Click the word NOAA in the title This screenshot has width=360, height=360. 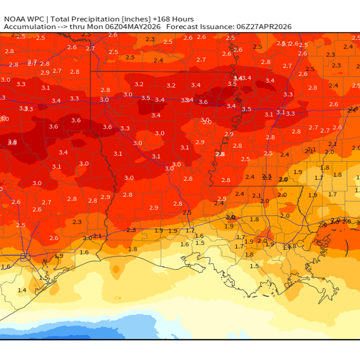pos(15,19)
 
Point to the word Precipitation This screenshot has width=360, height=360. pos(97,19)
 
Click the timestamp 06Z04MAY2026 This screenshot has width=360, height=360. pos(133,26)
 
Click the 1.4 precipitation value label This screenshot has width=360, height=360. pos(22,290)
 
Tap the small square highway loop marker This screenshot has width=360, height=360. pos(25,257)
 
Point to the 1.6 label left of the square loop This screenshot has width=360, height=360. pos(5,266)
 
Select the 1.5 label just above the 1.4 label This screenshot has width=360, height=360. pos(43,277)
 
